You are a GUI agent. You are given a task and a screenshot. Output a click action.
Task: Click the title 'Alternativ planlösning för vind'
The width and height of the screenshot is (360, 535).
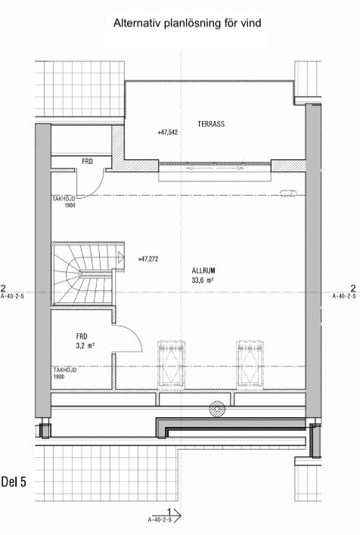(x=187, y=23)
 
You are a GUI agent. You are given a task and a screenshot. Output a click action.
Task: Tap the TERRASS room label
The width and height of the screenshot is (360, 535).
(x=211, y=124)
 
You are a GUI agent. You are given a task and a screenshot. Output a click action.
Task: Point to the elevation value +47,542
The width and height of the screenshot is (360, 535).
(x=167, y=132)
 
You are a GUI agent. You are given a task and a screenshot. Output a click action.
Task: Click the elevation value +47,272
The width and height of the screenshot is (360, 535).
(x=148, y=259)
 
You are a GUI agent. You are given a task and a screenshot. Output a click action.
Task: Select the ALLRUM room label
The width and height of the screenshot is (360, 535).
(x=203, y=271)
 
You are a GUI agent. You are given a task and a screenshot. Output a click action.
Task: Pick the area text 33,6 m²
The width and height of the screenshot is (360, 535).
(x=203, y=281)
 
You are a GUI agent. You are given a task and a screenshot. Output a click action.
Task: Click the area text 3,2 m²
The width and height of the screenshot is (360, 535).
(x=85, y=345)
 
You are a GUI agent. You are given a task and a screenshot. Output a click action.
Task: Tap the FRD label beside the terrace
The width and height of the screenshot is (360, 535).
(x=87, y=162)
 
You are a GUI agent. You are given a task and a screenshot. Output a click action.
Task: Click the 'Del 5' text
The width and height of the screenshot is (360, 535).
(x=14, y=482)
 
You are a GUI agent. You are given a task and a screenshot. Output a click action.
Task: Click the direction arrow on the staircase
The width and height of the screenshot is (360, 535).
(x=120, y=257)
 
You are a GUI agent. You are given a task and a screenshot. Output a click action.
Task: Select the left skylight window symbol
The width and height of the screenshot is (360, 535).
(x=171, y=363)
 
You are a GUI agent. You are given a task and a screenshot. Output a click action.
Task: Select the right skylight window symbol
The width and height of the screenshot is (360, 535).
(x=250, y=363)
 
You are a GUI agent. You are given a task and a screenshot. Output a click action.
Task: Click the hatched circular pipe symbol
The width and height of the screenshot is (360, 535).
(x=217, y=408)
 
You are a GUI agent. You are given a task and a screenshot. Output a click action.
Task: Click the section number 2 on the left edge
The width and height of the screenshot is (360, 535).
(x=4, y=287)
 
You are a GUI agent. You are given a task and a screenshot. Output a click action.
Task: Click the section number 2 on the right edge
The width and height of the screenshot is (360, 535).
(x=353, y=287)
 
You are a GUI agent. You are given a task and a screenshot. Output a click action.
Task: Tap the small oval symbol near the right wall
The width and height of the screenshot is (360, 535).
(x=288, y=193)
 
